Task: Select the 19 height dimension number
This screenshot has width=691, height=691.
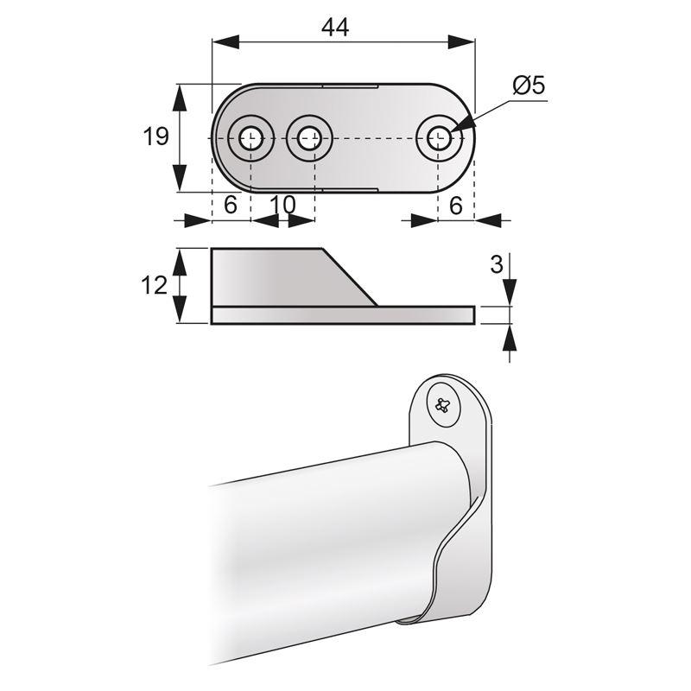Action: click(155, 137)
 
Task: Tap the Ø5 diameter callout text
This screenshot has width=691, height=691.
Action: click(527, 86)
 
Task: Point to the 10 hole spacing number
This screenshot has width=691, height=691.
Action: click(282, 205)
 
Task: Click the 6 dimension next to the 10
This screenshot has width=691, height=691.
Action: click(230, 205)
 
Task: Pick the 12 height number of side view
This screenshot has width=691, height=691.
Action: click(154, 285)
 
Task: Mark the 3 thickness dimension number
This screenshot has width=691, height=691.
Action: click(496, 264)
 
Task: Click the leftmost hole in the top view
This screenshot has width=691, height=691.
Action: click(251, 137)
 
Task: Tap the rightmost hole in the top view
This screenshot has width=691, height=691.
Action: click(437, 137)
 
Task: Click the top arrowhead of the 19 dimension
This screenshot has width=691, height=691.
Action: click(180, 97)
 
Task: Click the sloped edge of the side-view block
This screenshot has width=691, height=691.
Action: click(350, 276)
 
